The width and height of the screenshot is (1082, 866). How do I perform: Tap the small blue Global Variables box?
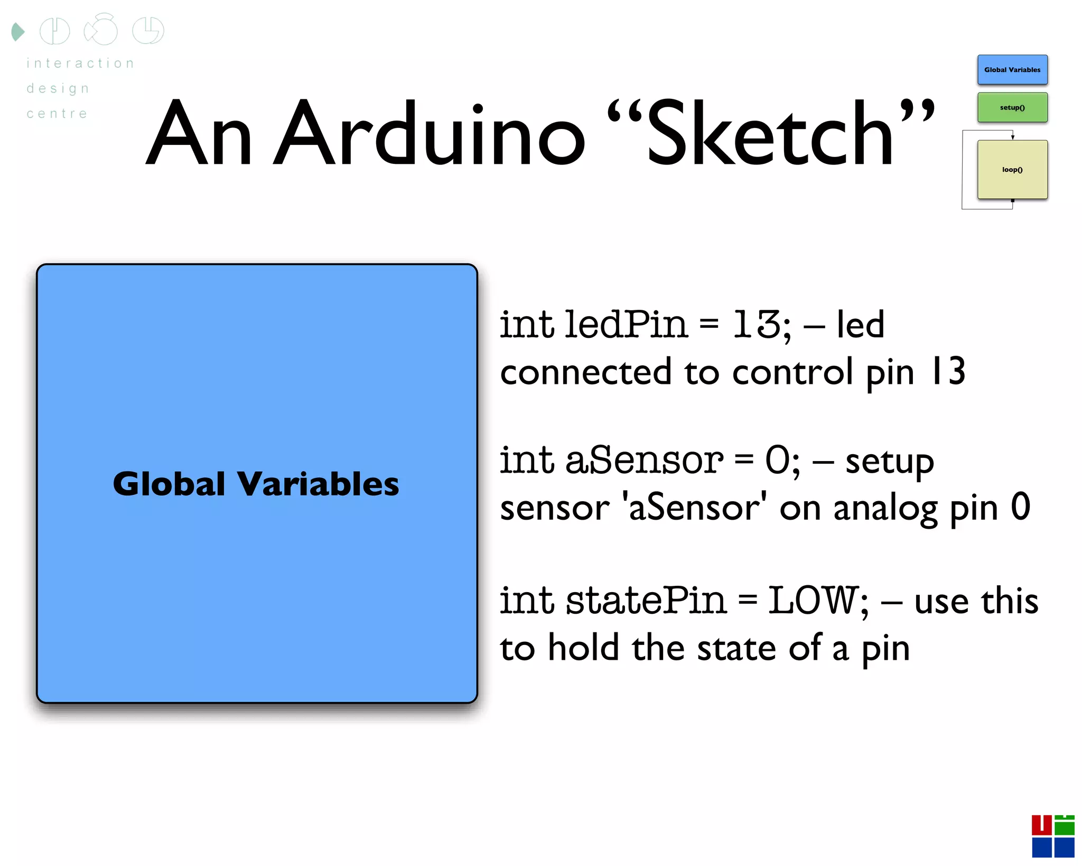(1012, 70)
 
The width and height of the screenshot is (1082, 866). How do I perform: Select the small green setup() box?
(1012, 107)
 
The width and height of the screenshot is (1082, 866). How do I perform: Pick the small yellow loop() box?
(1012, 170)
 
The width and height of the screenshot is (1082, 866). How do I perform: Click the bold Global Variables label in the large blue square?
(256, 484)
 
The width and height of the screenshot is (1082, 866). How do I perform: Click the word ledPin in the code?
(626, 324)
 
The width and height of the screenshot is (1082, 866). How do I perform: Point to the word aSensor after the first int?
(643, 460)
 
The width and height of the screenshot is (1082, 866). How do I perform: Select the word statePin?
(646, 601)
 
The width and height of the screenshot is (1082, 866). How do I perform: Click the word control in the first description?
(792, 372)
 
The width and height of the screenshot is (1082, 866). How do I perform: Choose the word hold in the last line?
(583, 648)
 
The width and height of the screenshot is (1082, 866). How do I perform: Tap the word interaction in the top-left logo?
(81, 63)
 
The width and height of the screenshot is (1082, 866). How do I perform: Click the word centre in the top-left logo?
(57, 114)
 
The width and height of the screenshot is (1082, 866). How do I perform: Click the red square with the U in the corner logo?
(1041, 825)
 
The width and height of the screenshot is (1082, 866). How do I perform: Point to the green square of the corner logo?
(1064, 826)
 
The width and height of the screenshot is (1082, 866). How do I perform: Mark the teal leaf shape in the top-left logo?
(17, 32)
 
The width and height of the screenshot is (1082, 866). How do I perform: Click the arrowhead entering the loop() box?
(1012, 137)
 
